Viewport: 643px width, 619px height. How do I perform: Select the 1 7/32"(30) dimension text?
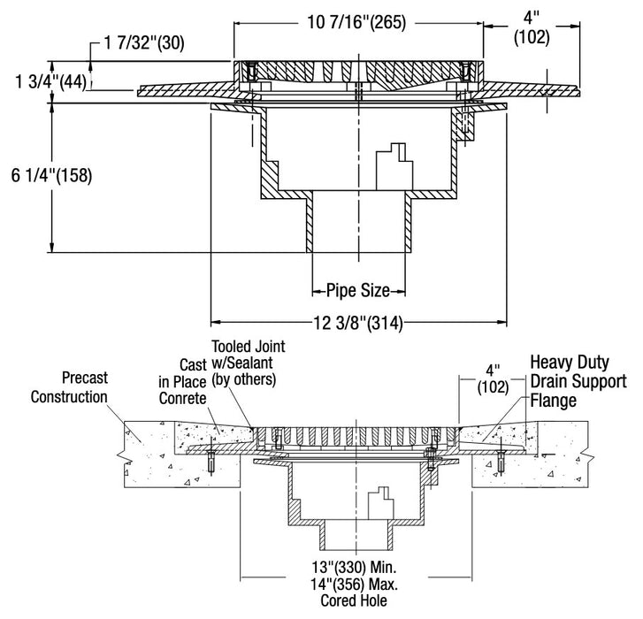point(139,42)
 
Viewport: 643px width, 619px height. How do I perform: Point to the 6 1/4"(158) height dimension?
point(48,176)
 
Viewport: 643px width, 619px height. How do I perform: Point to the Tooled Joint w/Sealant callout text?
point(244,363)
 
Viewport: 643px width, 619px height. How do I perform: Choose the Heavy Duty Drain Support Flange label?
point(578,381)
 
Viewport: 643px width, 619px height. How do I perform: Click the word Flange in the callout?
point(554,401)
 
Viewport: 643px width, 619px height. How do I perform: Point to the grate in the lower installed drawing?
point(358,434)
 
